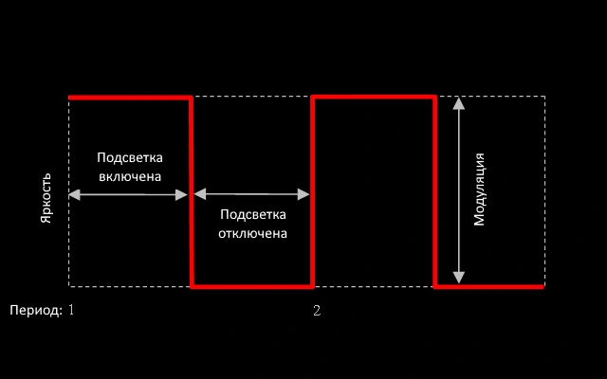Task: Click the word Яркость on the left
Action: (46, 194)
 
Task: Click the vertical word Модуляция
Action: (480, 189)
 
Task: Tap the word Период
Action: (35, 310)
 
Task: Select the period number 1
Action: (70, 310)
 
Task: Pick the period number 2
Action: (317, 310)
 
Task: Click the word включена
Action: (130, 176)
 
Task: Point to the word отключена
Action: (253, 232)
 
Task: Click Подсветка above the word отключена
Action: (253, 215)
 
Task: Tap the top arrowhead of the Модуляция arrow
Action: (459, 102)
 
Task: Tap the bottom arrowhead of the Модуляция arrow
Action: (459, 278)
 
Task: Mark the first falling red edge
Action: (192, 189)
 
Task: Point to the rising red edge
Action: (313, 189)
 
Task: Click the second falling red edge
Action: (434, 189)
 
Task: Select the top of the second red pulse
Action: (374, 97)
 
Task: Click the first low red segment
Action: (252, 285)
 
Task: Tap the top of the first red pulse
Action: (130, 97)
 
